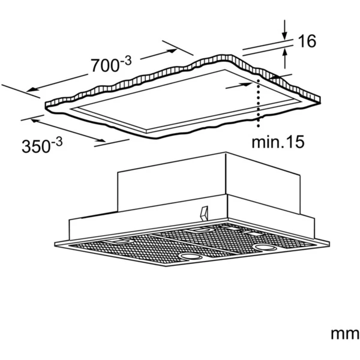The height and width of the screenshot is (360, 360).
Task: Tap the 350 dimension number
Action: (36, 146)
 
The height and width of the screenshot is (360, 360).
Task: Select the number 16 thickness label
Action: (307, 41)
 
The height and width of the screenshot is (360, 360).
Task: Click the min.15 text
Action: (278, 142)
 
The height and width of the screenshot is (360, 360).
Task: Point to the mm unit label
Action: (344, 334)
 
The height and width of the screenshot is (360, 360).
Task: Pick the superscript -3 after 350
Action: (56, 142)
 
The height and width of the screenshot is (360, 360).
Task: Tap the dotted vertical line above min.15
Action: (259, 103)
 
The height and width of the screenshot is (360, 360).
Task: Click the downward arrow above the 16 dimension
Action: (284, 29)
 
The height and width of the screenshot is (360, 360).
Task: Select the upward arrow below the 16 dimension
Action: (284, 59)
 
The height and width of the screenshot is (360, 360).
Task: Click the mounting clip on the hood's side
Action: (204, 214)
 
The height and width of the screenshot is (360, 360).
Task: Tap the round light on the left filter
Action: (190, 256)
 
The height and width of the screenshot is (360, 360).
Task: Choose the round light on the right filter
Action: (265, 247)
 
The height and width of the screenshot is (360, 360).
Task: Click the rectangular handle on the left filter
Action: (119, 241)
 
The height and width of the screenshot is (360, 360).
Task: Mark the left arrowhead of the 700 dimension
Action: (33, 89)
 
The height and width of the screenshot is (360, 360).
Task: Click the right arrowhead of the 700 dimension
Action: (170, 51)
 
